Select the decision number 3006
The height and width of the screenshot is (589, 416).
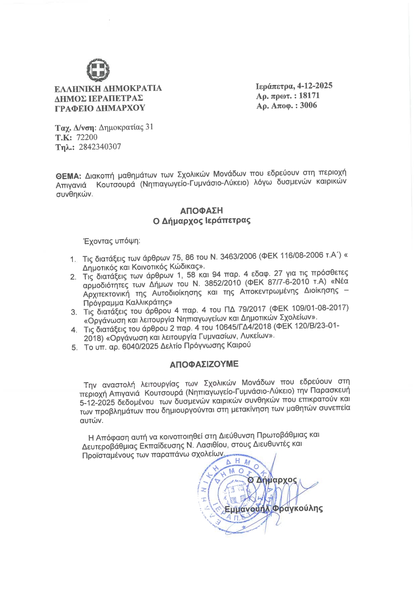(308, 105)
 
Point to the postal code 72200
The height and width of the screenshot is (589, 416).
(87, 137)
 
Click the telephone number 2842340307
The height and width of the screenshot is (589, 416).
(100, 147)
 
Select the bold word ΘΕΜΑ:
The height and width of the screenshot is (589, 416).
(69, 175)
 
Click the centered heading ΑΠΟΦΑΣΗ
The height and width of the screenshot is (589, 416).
(201, 210)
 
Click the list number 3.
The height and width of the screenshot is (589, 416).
(73, 312)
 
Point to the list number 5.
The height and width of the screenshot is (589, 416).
(75, 348)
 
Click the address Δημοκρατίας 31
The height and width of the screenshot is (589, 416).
(126, 127)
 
